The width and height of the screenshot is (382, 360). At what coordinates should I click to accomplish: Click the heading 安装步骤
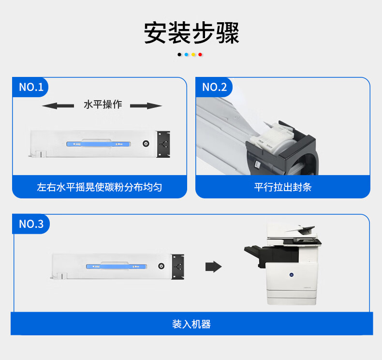191,33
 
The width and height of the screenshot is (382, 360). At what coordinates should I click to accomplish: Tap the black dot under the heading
179,55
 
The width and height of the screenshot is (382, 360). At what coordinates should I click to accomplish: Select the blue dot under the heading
186,55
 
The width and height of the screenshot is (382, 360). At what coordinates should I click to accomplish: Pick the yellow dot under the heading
193,55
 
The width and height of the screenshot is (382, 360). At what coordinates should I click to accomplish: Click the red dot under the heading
200,55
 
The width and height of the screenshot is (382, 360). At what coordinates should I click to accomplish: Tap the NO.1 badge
30,87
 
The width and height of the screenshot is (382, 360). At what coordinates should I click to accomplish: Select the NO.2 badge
214,87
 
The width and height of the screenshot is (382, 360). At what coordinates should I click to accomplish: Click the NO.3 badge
31,224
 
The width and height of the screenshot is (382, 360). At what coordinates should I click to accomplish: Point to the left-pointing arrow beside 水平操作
58,106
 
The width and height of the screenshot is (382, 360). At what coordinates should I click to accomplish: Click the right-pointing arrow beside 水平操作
146,106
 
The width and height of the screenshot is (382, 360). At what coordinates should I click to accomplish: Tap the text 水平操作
103,105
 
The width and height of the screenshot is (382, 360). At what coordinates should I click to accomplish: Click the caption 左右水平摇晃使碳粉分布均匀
100,187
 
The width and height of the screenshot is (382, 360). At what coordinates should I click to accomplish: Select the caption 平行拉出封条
283,187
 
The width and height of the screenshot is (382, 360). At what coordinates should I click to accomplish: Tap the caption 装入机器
191,324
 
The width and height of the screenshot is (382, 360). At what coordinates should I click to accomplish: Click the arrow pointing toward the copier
213,267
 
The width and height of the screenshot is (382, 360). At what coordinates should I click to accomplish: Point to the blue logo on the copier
292,275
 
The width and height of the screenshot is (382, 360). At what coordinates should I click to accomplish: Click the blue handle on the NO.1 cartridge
99,144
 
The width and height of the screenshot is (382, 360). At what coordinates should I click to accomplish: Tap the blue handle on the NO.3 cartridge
117,267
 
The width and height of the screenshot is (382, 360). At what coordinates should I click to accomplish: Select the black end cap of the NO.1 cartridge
163,144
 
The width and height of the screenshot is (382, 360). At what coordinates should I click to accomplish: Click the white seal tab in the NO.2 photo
272,136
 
